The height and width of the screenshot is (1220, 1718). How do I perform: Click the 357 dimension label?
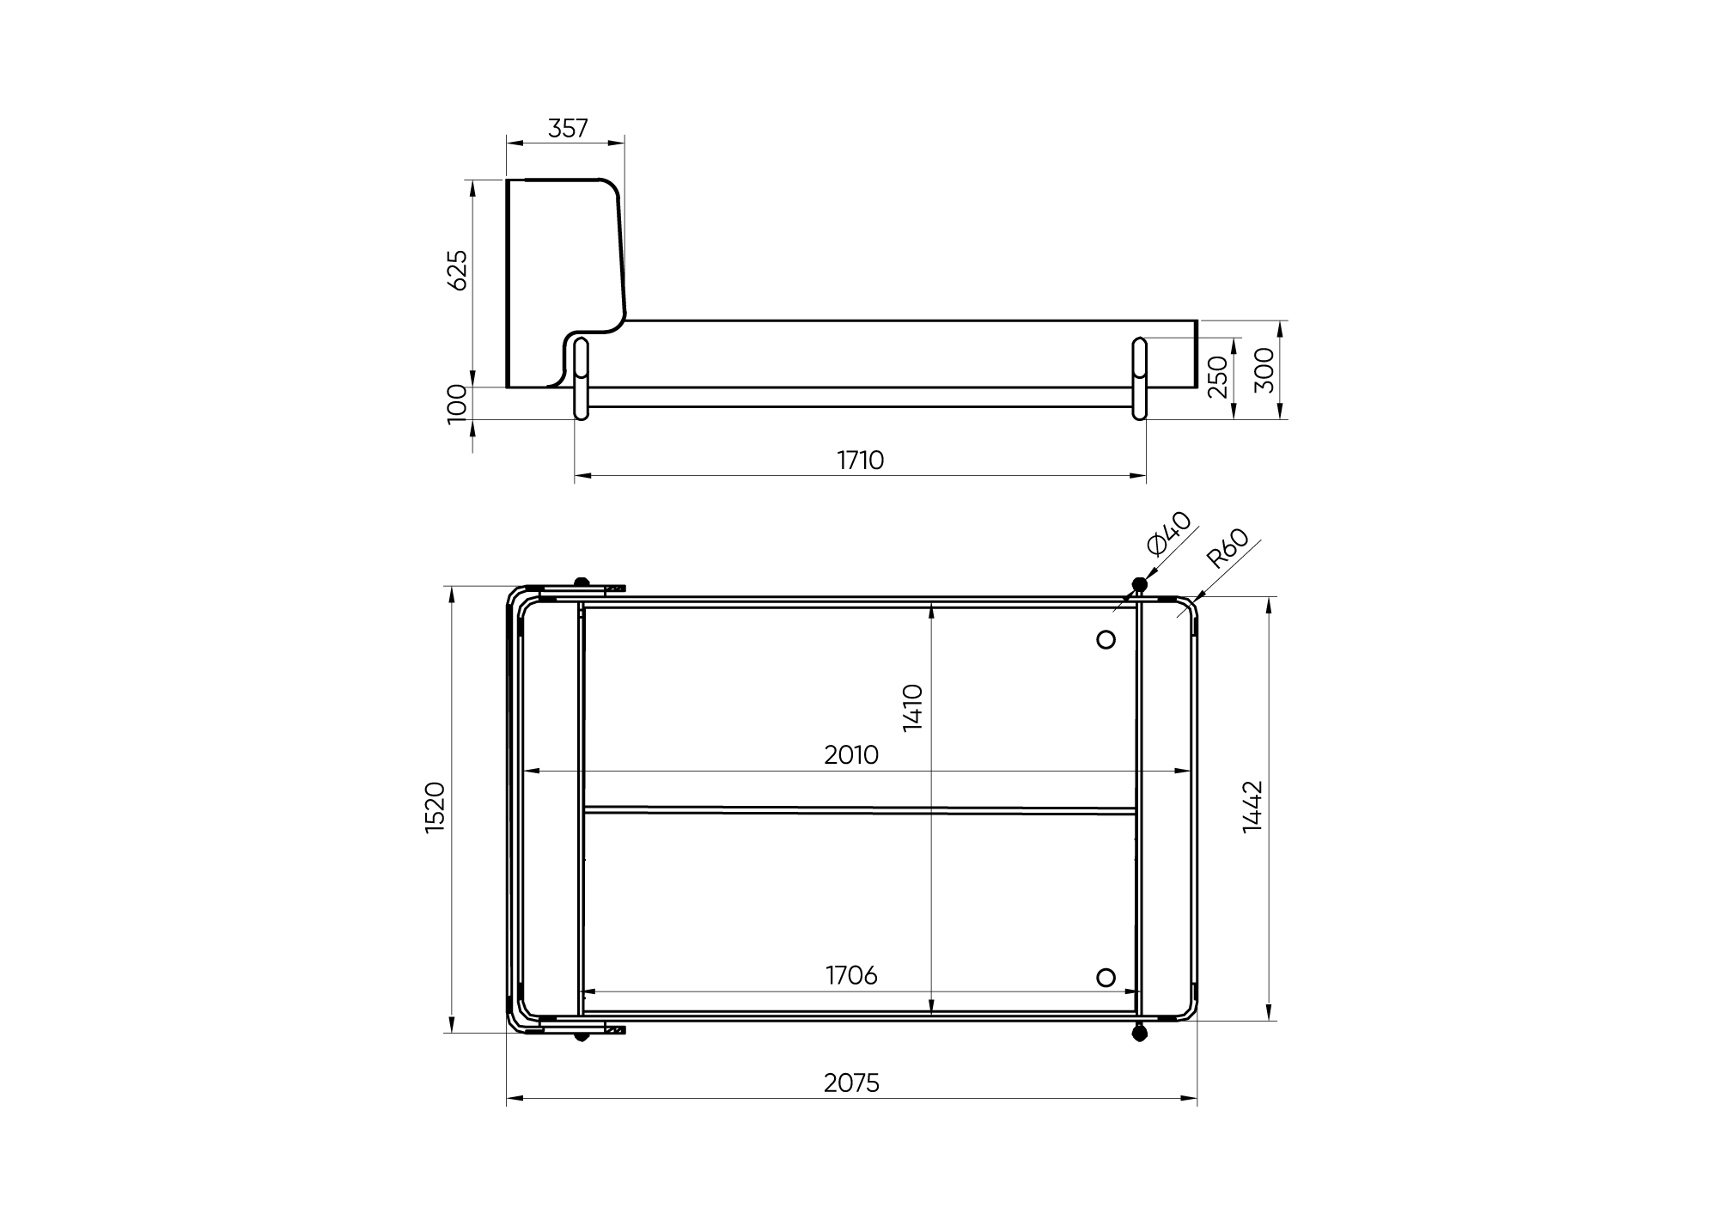pos(568,128)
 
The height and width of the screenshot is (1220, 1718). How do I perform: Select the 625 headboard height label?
pos(458,270)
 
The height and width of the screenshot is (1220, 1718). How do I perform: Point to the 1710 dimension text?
pos(861,461)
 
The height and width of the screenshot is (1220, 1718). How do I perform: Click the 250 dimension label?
pos(1217,377)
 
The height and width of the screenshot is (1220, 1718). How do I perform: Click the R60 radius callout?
pos(1227,549)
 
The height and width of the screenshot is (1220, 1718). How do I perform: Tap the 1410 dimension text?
pos(913,707)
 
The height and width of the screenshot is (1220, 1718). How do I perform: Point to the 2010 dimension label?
pos(851,754)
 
